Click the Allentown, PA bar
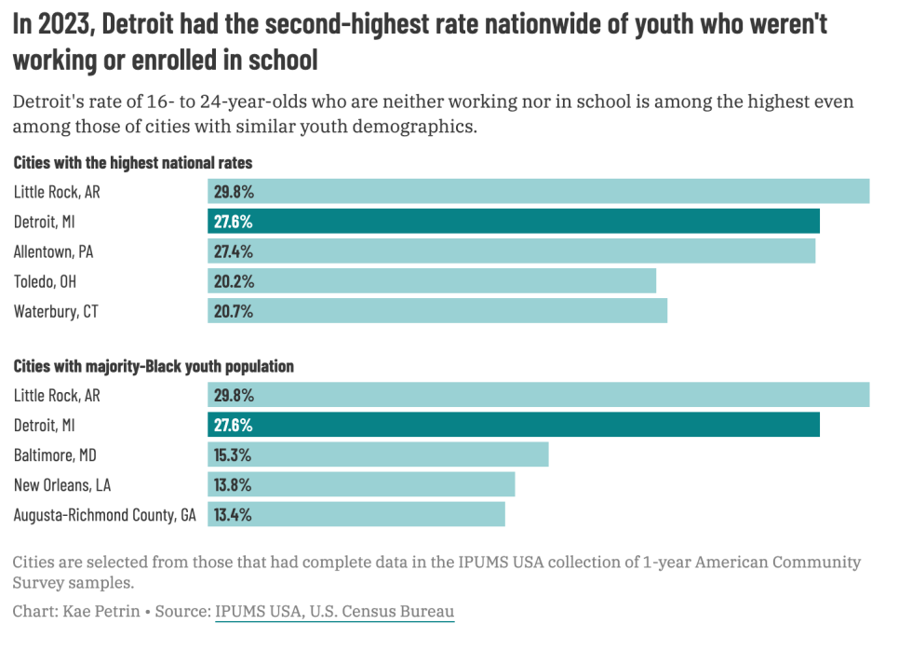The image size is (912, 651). [511, 251]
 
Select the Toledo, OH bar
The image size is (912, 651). [432, 281]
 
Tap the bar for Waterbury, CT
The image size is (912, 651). [437, 311]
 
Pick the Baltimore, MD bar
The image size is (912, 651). [378, 454]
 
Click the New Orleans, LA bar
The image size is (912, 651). [361, 484]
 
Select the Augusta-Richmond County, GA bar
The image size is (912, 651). [356, 514]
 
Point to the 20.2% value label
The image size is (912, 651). [234, 281]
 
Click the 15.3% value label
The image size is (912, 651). [233, 454]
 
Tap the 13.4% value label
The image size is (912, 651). [233, 514]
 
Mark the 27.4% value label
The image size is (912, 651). [234, 251]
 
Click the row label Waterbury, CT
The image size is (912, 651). [56, 311]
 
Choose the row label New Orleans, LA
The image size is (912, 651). [62, 484]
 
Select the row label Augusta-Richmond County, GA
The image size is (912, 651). [105, 514]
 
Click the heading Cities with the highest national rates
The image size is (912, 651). [133, 163]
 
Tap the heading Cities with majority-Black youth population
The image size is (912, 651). [154, 366]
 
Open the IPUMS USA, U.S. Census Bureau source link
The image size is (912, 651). [334, 612]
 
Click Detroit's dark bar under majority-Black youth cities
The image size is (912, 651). [514, 425]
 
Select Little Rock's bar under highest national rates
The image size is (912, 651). [538, 192]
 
